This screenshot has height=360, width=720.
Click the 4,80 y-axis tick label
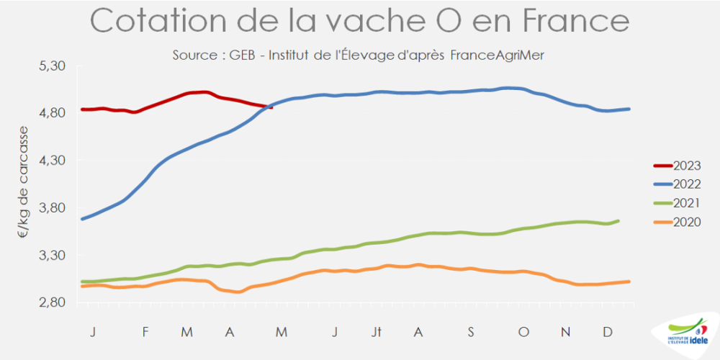point(51,113)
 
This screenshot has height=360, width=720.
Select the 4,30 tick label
point(51,161)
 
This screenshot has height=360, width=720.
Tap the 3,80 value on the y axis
point(51,208)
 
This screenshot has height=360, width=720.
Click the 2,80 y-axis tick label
point(51,303)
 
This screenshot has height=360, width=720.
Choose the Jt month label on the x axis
point(377,331)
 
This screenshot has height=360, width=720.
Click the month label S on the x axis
point(471,331)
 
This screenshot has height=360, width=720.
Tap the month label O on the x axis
point(523,331)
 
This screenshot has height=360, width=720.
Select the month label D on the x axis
point(608,331)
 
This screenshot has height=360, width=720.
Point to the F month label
point(145,331)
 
